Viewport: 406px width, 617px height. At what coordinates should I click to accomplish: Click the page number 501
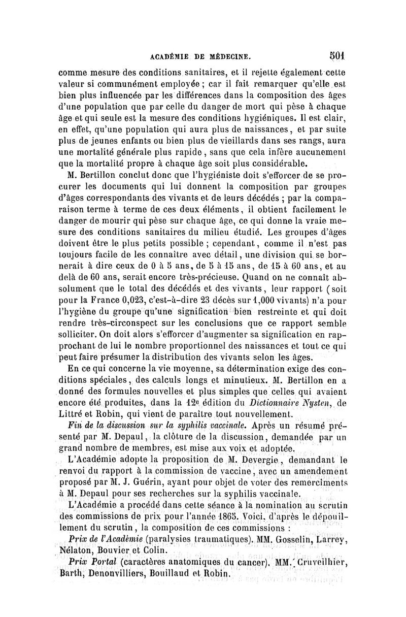point(336,53)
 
